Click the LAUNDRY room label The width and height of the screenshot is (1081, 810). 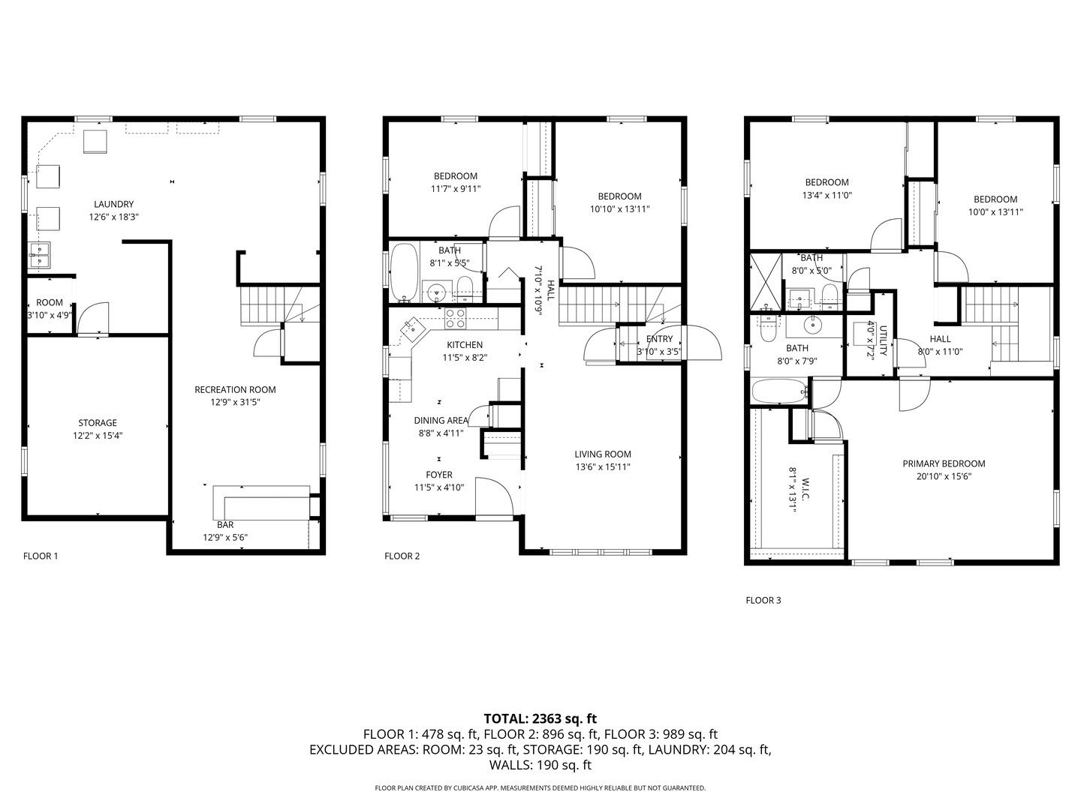pos(114,204)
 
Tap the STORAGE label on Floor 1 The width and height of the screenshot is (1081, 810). pos(98,423)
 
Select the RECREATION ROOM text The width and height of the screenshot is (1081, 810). pos(235,389)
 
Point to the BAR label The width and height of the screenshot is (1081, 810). pos(225,525)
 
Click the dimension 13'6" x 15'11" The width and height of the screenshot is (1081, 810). pos(602,466)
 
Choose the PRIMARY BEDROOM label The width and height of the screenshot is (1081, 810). pos(944,463)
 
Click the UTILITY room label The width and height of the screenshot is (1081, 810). pos(883,340)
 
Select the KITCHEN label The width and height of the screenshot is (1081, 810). pos(465,345)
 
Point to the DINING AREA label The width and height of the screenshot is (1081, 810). pos(441,421)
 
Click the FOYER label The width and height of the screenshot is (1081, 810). pos(439,475)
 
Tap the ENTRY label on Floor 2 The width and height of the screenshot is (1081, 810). pos(659,339)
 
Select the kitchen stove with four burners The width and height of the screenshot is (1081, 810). pos(455,318)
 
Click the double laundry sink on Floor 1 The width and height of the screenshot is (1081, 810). pos(39,255)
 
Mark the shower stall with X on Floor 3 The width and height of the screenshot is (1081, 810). pos(765,283)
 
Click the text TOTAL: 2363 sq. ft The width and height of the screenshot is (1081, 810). pos(540,718)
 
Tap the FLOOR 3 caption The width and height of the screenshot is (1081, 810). pos(763,600)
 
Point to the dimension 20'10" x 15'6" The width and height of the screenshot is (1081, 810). pos(944,476)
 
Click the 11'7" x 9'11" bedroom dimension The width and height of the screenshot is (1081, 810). pos(456,188)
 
